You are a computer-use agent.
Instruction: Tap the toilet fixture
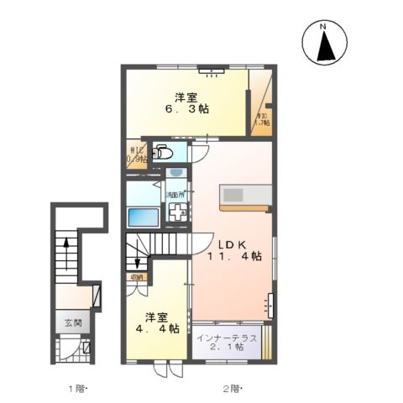[165, 154]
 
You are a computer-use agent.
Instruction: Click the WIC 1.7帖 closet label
[262, 118]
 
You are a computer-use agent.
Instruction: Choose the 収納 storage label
[136, 277]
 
